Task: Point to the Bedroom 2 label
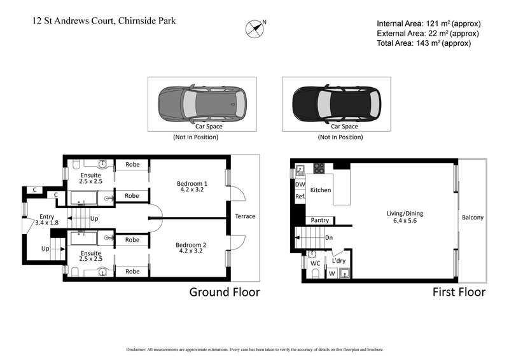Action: click(193, 247)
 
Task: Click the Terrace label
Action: click(244, 216)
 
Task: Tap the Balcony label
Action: click(472, 218)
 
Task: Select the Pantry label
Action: click(320, 221)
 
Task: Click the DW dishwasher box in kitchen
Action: click(300, 185)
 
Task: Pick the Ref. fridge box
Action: click(300, 197)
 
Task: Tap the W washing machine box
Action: click(331, 274)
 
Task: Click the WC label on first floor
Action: click(314, 263)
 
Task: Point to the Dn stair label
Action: click(329, 238)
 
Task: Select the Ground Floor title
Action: click(225, 293)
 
